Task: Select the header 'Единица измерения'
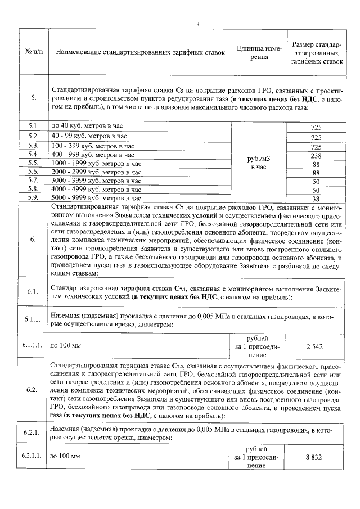tap(259, 52)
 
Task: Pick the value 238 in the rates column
tap(316, 155)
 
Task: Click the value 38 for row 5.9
tap(316, 199)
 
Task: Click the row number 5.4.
tap(33, 154)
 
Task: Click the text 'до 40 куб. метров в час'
tap(85, 127)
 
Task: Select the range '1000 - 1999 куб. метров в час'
tap(93, 163)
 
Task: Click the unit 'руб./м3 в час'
tap(259, 163)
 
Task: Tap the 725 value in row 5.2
tap(316, 137)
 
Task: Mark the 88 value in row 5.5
tap(316, 164)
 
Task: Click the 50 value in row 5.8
tap(316, 191)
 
